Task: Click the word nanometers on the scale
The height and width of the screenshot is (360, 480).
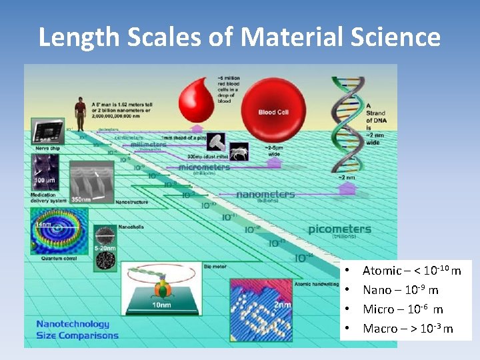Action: point(265,194)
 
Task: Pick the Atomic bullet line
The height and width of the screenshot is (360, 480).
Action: point(411,271)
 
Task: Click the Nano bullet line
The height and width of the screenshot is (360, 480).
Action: point(400,290)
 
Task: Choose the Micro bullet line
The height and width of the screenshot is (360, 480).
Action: point(402,309)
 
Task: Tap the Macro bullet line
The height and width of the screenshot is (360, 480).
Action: point(407,329)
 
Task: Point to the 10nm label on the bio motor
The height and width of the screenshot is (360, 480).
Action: point(161,305)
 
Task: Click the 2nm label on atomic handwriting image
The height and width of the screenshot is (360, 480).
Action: point(283,305)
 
